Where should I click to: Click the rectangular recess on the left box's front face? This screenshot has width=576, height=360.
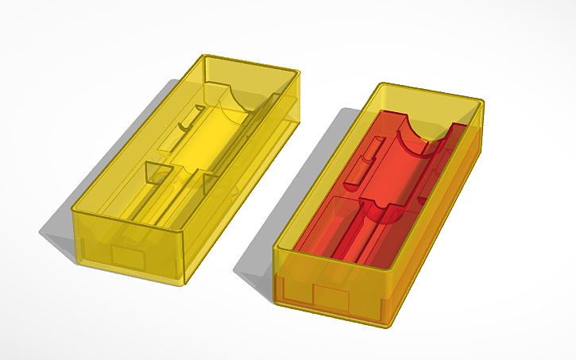click(127, 257)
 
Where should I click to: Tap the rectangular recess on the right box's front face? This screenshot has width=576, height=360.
click(333, 298)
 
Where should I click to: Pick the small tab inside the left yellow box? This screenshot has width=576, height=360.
click(187, 119)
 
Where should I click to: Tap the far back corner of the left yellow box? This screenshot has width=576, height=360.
click(205, 56)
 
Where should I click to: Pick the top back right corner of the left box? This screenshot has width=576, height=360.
click(300, 74)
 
